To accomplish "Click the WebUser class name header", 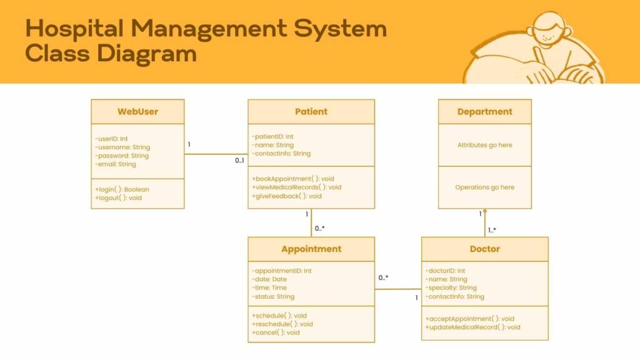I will coord(137,112).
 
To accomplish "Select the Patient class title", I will coord(311,112).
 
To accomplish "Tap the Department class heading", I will coord(484,112).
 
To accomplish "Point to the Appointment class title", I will coord(311,249).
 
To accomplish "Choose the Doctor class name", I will coord(484,249).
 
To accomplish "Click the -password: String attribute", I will coord(122,156).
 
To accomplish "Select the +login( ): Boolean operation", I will coord(122,189).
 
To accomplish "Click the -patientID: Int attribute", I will coord(272,136).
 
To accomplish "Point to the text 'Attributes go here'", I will coord(484,145).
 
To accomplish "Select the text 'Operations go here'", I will coord(484,187).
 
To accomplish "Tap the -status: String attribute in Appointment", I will coord(273,297).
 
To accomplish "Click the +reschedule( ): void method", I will coord(282,324).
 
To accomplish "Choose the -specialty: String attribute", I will coord(451,288).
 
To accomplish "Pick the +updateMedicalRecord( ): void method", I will coord(473,327).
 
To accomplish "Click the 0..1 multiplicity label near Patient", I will coord(239,161).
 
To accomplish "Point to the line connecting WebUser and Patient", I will coord(216,154).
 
